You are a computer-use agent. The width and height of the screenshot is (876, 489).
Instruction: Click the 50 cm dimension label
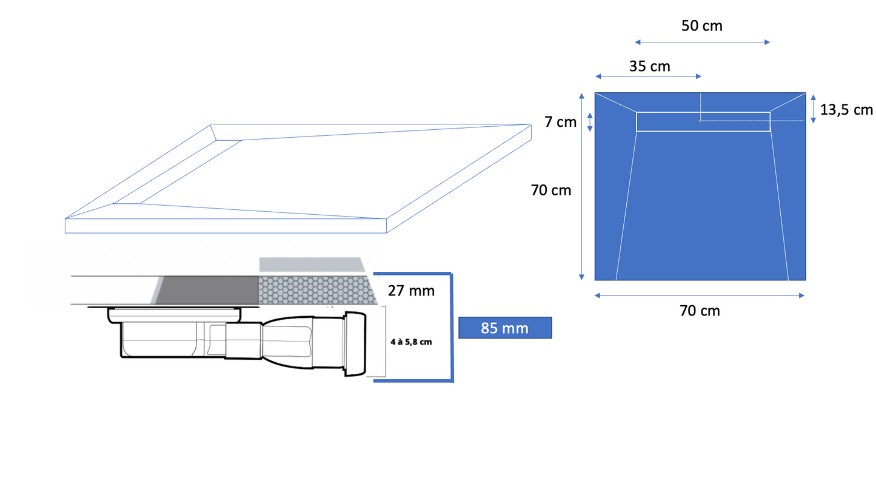tap(702, 26)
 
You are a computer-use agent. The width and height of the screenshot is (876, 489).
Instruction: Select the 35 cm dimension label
tap(649, 66)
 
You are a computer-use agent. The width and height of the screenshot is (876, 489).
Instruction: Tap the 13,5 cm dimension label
tap(846, 110)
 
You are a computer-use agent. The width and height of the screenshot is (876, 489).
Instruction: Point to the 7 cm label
tap(560, 122)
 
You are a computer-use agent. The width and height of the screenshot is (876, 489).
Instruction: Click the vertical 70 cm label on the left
tap(551, 190)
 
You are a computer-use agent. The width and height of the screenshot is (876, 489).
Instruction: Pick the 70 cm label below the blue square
tap(700, 311)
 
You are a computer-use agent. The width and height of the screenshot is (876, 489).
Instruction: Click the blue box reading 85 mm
tap(505, 328)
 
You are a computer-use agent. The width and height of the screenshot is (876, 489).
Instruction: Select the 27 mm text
tap(411, 291)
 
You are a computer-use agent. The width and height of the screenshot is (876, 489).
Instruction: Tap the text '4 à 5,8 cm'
tap(411, 342)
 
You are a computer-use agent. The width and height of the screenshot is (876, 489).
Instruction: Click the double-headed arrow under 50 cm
tap(702, 42)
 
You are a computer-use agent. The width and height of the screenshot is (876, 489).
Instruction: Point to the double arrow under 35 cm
tap(648, 76)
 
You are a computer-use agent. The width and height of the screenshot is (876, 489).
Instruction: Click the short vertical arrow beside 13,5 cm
tap(814, 109)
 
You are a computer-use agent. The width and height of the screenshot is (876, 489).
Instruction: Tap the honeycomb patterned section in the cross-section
tap(315, 290)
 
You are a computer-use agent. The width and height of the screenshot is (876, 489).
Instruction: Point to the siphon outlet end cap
tap(356, 345)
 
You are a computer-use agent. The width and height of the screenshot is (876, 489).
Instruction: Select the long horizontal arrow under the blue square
tap(700, 295)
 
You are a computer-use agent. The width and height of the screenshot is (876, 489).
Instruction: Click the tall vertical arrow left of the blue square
tap(582, 186)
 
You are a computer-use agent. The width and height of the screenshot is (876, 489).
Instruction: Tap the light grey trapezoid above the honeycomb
tap(313, 265)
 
